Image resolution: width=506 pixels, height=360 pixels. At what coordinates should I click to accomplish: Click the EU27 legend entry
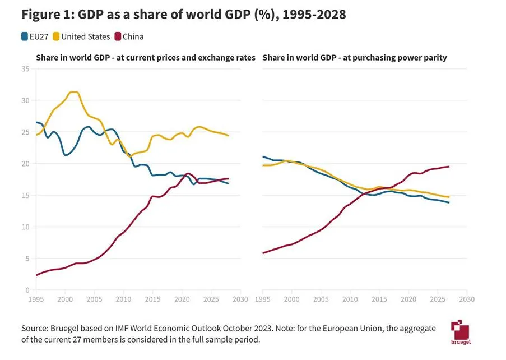35,37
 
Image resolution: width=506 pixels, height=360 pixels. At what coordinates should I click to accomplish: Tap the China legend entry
128,37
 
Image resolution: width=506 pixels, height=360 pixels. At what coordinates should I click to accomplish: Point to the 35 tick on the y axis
25,69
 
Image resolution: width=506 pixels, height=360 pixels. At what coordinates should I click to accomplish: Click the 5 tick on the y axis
26,259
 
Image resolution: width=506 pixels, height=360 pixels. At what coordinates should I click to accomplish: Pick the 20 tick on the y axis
25,164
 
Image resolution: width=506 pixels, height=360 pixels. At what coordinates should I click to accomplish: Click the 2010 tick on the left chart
124,299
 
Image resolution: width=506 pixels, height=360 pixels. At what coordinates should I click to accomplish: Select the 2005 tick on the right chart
321,299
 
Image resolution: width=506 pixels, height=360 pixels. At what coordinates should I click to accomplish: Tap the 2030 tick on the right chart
466,299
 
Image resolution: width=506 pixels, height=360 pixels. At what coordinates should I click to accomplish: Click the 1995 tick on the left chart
36,299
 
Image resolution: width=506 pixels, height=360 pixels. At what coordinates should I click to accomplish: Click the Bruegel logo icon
459,331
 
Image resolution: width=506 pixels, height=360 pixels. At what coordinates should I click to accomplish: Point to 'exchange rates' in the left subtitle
230,57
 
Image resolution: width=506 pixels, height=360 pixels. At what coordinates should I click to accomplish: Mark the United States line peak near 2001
73,91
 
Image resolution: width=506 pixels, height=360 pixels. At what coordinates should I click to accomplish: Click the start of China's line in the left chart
37,275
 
